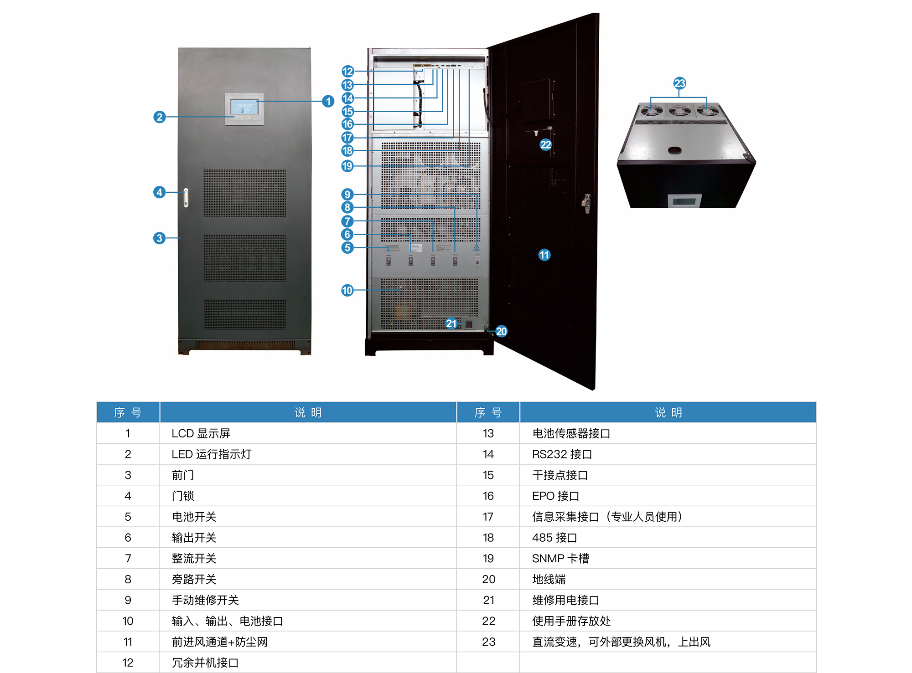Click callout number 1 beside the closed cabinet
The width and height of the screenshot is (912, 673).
tap(328, 101)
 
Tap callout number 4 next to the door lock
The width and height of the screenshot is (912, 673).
tap(159, 192)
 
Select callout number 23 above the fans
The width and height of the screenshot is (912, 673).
tap(679, 83)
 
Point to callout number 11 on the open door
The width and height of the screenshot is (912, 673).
tap(544, 255)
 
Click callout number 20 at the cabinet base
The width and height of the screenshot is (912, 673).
tap(502, 331)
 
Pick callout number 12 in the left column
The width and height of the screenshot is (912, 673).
tap(347, 71)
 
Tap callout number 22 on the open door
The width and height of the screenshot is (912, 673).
tap(546, 145)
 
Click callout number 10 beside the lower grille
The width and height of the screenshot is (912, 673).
tap(347, 290)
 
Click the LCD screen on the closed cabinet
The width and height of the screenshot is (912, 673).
tap(244, 107)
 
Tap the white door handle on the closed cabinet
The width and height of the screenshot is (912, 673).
tap(186, 198)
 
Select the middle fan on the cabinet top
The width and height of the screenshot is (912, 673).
tap(679, 111)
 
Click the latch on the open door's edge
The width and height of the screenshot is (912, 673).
tap(586, 203)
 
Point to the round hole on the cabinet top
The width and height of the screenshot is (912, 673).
tap(674, 150)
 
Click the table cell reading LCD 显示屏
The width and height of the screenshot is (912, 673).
tap(201, 433)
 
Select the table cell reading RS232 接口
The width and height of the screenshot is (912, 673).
tap(562, 454)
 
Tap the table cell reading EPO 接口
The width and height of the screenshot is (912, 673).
tap(555, 496)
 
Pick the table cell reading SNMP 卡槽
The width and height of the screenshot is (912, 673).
tap(560, 558)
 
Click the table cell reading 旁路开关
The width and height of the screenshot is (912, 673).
tap(194, 579)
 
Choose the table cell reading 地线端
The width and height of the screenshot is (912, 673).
tap(549, 579)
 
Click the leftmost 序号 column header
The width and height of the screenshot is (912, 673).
tap(128, 412)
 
